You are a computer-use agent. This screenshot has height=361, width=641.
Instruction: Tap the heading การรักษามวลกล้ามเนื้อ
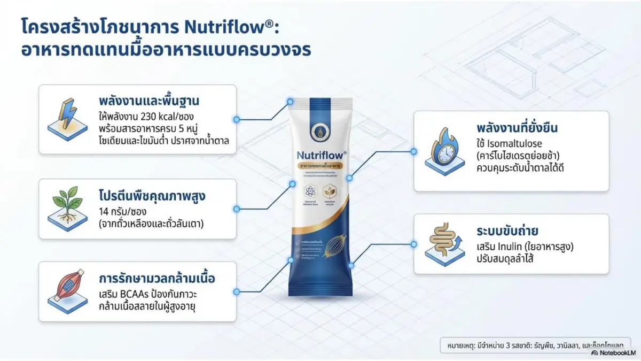pos(158,279)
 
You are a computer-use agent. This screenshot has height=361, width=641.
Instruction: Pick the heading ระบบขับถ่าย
pos(507,232)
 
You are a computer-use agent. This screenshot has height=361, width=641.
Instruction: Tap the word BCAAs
pos(140,294)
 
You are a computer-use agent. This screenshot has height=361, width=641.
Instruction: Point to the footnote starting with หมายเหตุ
pos(534,345)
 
